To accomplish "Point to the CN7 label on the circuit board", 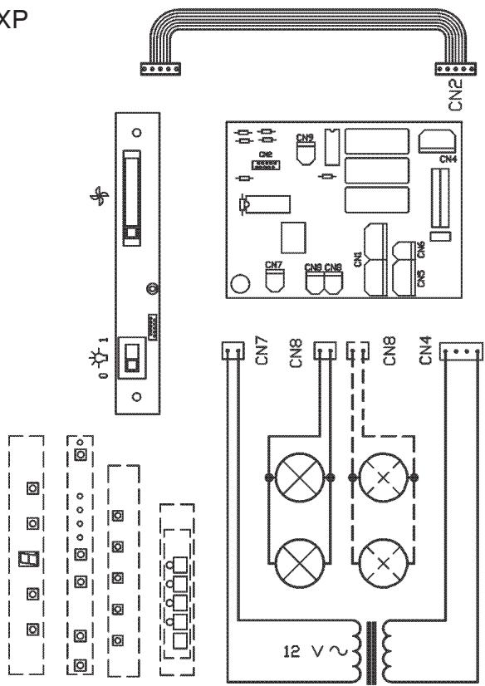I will (273, 265).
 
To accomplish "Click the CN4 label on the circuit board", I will (448, 159).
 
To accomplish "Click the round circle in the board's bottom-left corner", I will (240, 284).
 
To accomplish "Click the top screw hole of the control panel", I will (137, 132).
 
